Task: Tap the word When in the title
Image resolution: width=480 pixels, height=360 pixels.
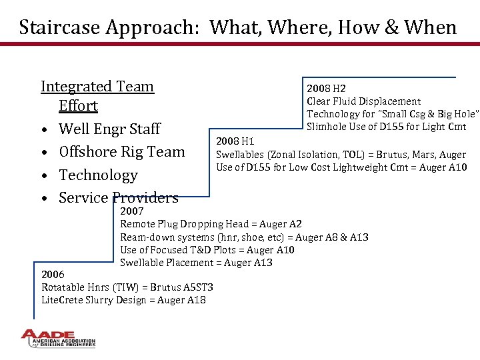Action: [431, 28]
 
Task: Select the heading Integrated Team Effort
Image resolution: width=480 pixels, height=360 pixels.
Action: [97, 96]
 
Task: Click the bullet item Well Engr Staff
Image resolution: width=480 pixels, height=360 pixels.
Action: [109, 129]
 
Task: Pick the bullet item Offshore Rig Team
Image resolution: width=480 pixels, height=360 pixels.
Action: [121, 152]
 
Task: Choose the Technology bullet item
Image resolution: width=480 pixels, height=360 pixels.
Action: [98, 175]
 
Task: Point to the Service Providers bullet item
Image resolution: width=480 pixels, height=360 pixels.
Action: [118, 198]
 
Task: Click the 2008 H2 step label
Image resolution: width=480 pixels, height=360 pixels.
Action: [326, 89]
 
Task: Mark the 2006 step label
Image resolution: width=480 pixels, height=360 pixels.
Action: [53, 275]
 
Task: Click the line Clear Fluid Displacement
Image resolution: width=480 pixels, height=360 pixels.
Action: [363, 101]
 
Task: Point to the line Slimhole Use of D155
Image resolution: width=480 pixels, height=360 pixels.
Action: [386, 127]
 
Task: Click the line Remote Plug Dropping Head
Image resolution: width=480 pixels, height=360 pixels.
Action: [211, 224]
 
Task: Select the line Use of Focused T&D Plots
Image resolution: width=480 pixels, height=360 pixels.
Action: [207, 250]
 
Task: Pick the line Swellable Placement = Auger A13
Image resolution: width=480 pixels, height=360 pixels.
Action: [196, 263]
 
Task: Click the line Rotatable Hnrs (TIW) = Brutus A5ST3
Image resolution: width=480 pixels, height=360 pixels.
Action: [127, 287]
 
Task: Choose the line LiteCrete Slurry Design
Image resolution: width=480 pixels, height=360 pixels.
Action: [123, 300]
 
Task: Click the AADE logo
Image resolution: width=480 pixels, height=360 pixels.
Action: [58, 339]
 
